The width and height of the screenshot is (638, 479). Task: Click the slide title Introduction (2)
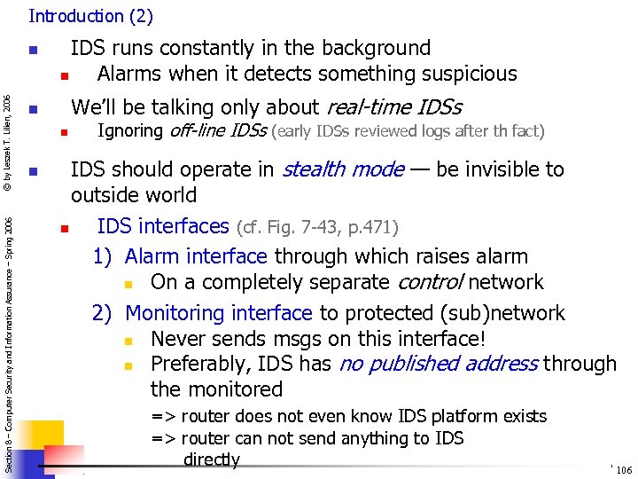click(x=90, y=16)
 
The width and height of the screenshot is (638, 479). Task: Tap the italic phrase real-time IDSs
click(x=393, y=107)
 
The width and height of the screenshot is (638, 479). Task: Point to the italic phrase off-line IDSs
click(x=217, y=131)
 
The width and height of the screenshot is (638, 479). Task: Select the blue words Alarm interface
click(x=196, y=256)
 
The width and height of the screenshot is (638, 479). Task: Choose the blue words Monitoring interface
click(x=219, y=313)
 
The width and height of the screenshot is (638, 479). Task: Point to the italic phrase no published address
click(x=438, y=364)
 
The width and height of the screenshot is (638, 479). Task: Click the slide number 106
click(x=624, y=470)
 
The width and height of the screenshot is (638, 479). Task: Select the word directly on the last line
click(x=211, y=459)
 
